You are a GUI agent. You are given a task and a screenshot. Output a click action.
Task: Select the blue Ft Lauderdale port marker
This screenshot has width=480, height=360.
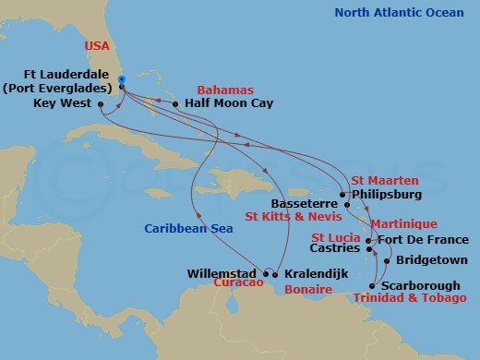coord(122,80)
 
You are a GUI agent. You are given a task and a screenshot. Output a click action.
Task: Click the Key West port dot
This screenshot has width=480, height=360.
coord(100,105)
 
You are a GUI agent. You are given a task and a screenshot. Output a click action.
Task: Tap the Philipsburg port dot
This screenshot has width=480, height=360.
coord(342,195)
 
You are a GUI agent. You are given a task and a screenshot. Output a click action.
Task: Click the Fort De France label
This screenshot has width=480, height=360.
coord(416,241)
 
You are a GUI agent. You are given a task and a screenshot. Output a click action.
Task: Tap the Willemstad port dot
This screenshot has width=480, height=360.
coord(267,273)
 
